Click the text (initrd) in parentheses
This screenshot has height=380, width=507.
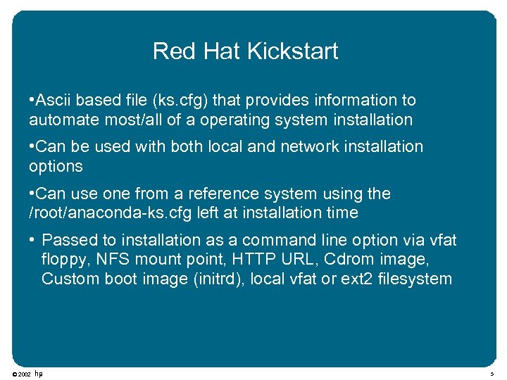tap(193, 279)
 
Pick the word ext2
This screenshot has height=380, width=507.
tap(357, 279)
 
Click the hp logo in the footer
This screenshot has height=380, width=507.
tap(39, 374)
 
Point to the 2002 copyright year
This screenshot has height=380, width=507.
tap(25, 374)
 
